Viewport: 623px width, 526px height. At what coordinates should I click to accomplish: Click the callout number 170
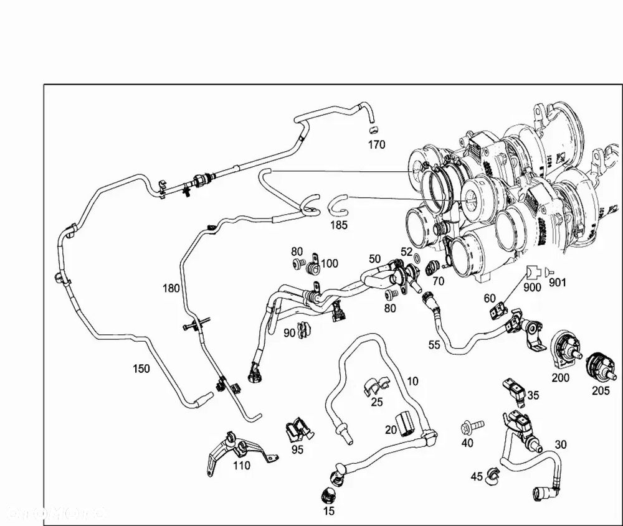pos(376,145)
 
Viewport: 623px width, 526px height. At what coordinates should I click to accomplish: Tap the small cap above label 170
pos(373,130)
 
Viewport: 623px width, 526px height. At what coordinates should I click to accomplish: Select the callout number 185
pos(339,225)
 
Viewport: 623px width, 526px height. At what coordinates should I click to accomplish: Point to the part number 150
pos(141,369)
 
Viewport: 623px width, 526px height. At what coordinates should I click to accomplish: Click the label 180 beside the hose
pos(171,288)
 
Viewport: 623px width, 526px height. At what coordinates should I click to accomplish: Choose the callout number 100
pos(329,263)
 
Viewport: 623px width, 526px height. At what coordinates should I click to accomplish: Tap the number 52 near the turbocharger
pos(407,252)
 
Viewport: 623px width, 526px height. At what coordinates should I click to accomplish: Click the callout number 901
pos(558,283)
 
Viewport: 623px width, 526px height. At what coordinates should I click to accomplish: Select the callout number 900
pos(532,288)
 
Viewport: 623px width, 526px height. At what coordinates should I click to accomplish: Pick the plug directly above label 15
pos(328,495)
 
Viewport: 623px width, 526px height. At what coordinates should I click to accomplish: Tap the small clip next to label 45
pos(492,476)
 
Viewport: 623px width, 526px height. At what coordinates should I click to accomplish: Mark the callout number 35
pos(533,395)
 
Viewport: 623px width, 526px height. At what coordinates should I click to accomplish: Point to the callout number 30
pos(561,444)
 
